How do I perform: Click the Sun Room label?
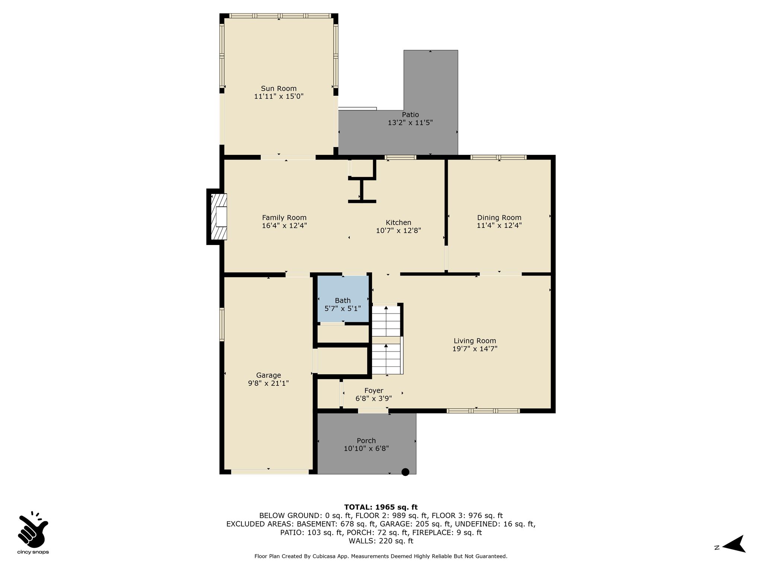click(x=279, y=89)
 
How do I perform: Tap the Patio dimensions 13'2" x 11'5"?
click(x=410, y=123)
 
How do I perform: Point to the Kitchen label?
click(x=398, y=223)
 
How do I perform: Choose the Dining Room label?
click(x=499, y=218)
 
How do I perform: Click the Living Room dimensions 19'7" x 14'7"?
click(x=475, y=349)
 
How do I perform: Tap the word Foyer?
click(x=374, y=391)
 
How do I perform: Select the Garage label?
click(x=269, y=375)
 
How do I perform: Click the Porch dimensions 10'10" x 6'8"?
click(x=366, y=449)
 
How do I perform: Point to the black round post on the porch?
click(x=406, y=472)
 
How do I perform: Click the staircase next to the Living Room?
click(x=387, y=340)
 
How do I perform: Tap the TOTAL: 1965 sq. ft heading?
click(x=381, y=507)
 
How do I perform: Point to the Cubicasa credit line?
click(x=381, y=556)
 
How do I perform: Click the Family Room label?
click(x=284, y=218)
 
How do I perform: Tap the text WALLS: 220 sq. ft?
click(x=381, y=541)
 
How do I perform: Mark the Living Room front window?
click(x=483, y=411)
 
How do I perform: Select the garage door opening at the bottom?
click(x=270, y=472)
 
